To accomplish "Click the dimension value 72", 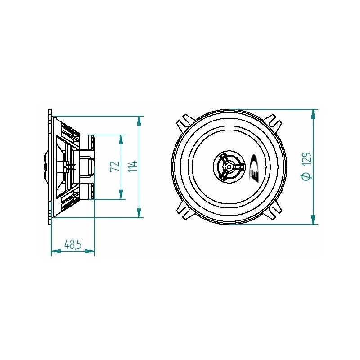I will point(115,166).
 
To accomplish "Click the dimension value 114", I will point(133,166).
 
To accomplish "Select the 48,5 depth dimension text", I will point(72,245).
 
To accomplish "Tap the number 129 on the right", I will point(306,160).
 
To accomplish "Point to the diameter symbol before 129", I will point(306,176).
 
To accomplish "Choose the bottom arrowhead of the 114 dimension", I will point(140,213).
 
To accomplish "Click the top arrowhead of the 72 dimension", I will point(121,139).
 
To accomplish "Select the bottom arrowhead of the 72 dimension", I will point(121,194).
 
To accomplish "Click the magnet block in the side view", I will point(87,166).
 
